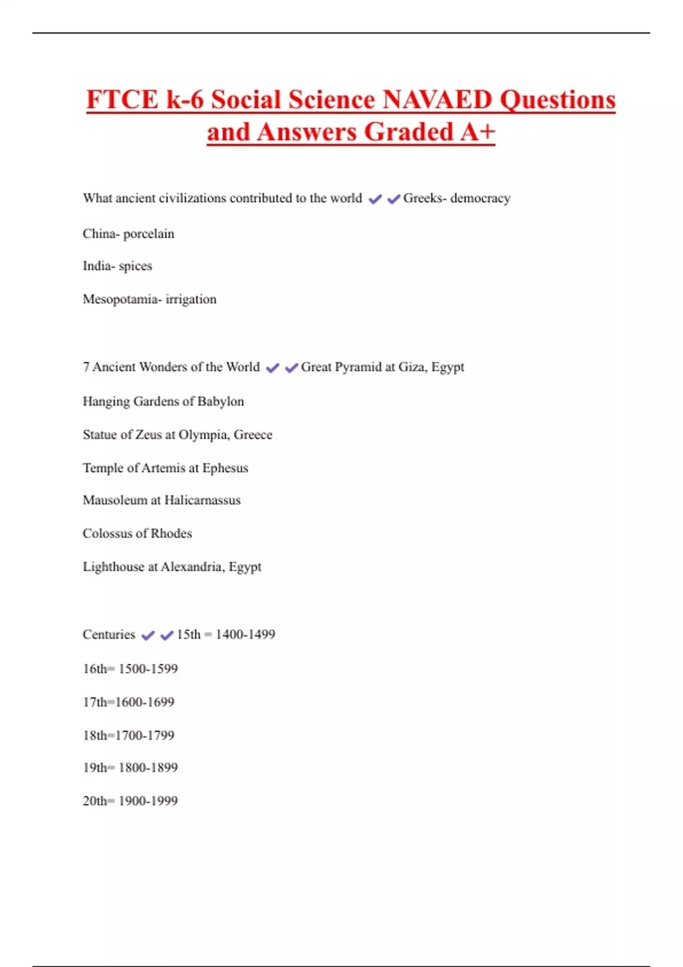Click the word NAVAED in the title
[437, 100]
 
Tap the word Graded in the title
[408, 133]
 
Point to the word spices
[135, 266]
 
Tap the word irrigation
[191, 299]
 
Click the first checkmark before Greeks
[375, 199]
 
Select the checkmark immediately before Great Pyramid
[291, 368]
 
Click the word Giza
[412, 367]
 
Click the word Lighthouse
[113, 567]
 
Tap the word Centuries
[109, 635]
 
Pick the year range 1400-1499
[245, 635]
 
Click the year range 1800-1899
[148, 768]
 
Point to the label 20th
[94, 801]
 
